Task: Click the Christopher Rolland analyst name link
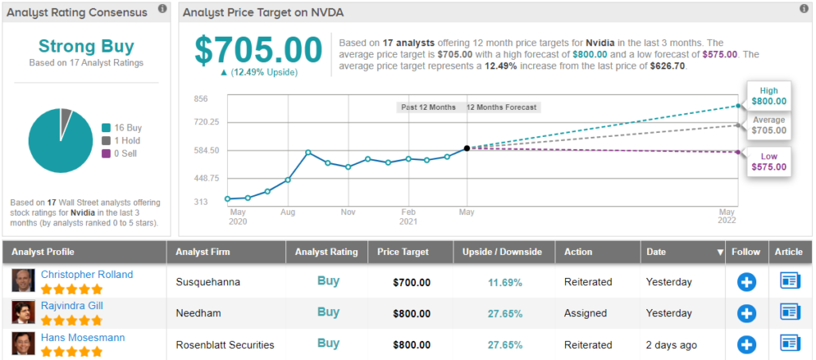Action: pyautogui.click(x=87, y=274)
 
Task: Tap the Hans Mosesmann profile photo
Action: pyautogui.click(x=22, y=343)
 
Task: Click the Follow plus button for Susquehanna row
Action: pyautogui.click(x=746, y=282)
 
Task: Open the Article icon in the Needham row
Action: pyautogui.click(x=789, y=312)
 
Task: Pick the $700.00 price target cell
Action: pyautogui.click(x=411, y=282)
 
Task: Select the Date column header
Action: pyautogui.click(x=656, y=252)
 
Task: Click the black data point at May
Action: pyautogui.click(x=466, y=148)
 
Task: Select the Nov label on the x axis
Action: pyautogui.click(x=347, y=213)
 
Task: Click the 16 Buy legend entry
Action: pyautogui.click(x=126, y=127)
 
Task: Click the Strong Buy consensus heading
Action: pyautogui.click(x=85, y=46)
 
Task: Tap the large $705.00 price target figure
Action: pyautogui.click(x=258, y=49)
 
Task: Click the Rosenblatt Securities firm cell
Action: pyautogui.click(x=225, y=345)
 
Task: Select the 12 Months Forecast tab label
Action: pyautogui.click(x=501, y=107)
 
